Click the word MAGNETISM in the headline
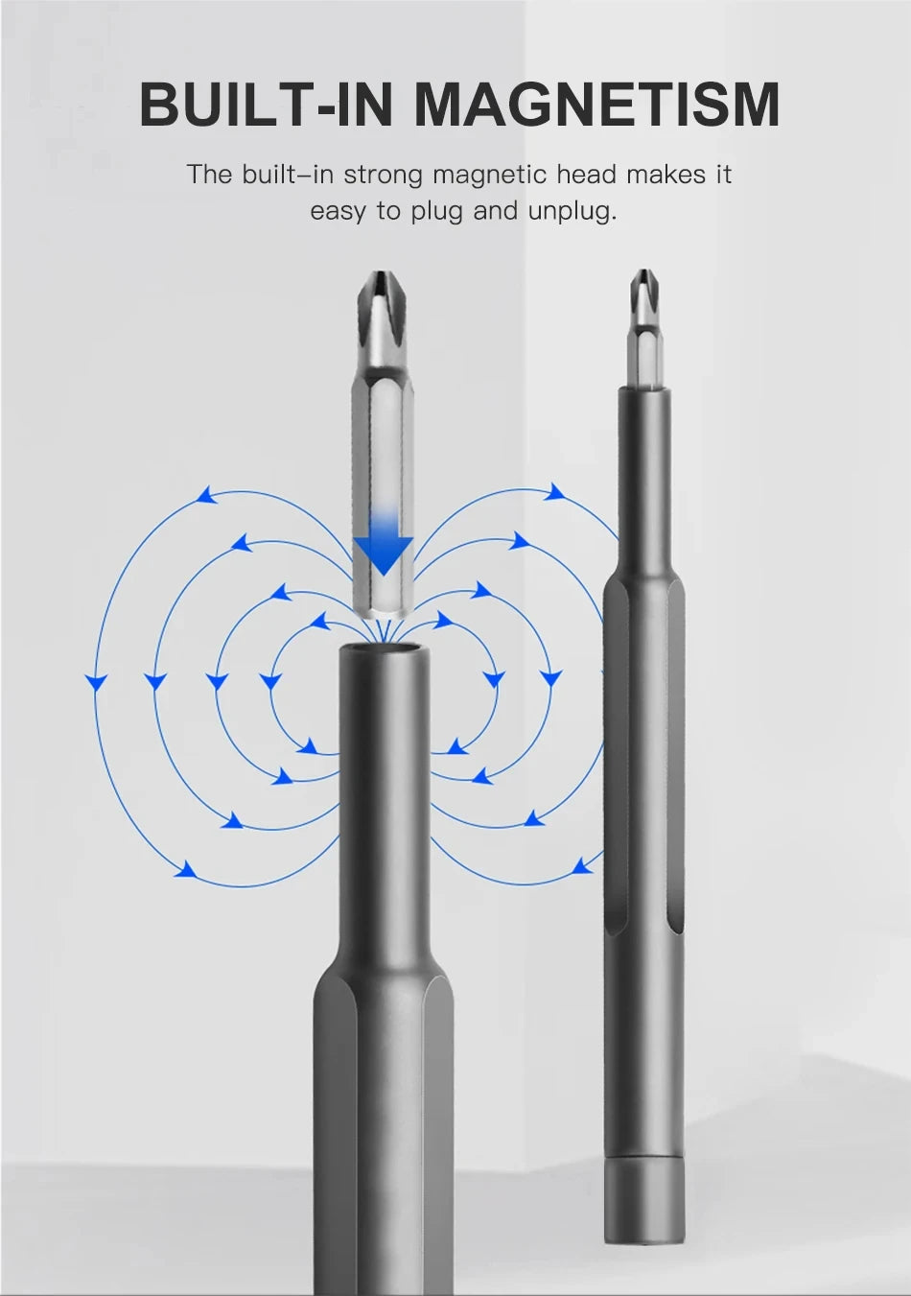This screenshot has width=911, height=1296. tap(597, 105)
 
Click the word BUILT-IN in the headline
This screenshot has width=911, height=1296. tap(267, 105)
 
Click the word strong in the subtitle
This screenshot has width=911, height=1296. tap(383, 175)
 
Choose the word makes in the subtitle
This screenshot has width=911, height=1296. tap(665, 175)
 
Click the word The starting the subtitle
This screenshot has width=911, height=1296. tap(209, 175)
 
